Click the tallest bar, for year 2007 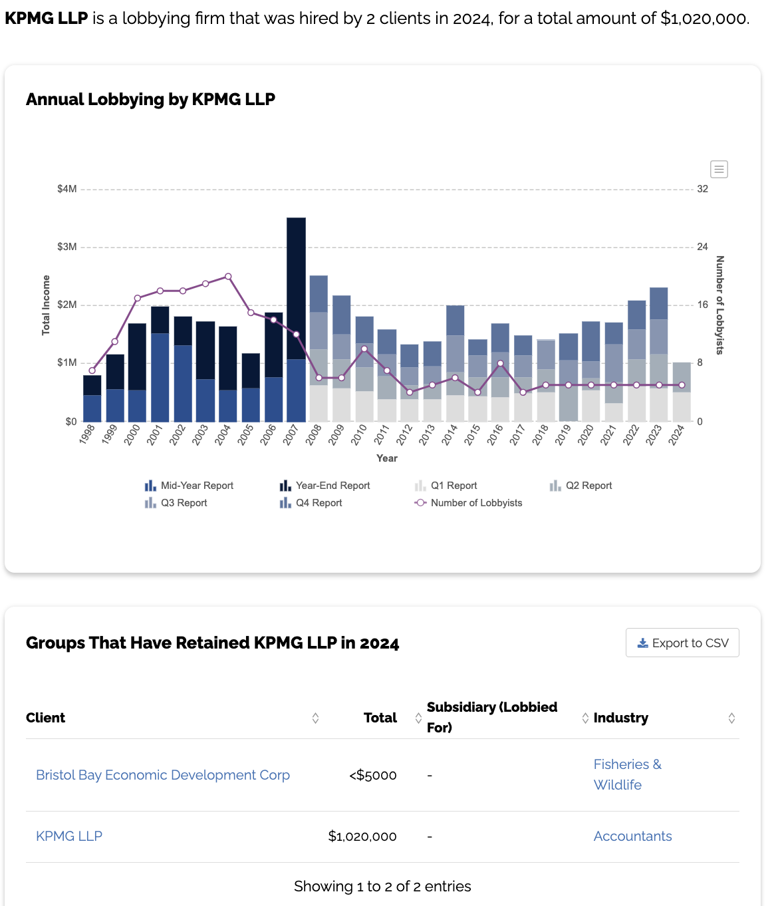(296, 319)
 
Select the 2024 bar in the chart (682, 392)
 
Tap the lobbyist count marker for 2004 (228, 277)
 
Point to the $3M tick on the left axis (67, 247)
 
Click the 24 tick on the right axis (702, 247)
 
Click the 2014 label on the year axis (449, 434)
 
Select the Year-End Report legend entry (325, 486)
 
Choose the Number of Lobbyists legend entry (468, 503)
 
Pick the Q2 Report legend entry (581, 486)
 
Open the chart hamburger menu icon (719, 169)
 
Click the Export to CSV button (682, 643)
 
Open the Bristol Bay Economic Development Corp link (163, 775)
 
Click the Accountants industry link (632, 836)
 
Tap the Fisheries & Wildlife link (627, 774)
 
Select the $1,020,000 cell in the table (362, 836)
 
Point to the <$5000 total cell (373, 775)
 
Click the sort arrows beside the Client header (315, 718)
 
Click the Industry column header (620, 718)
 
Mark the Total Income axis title (46, 305)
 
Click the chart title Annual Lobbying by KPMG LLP (150, 100)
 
